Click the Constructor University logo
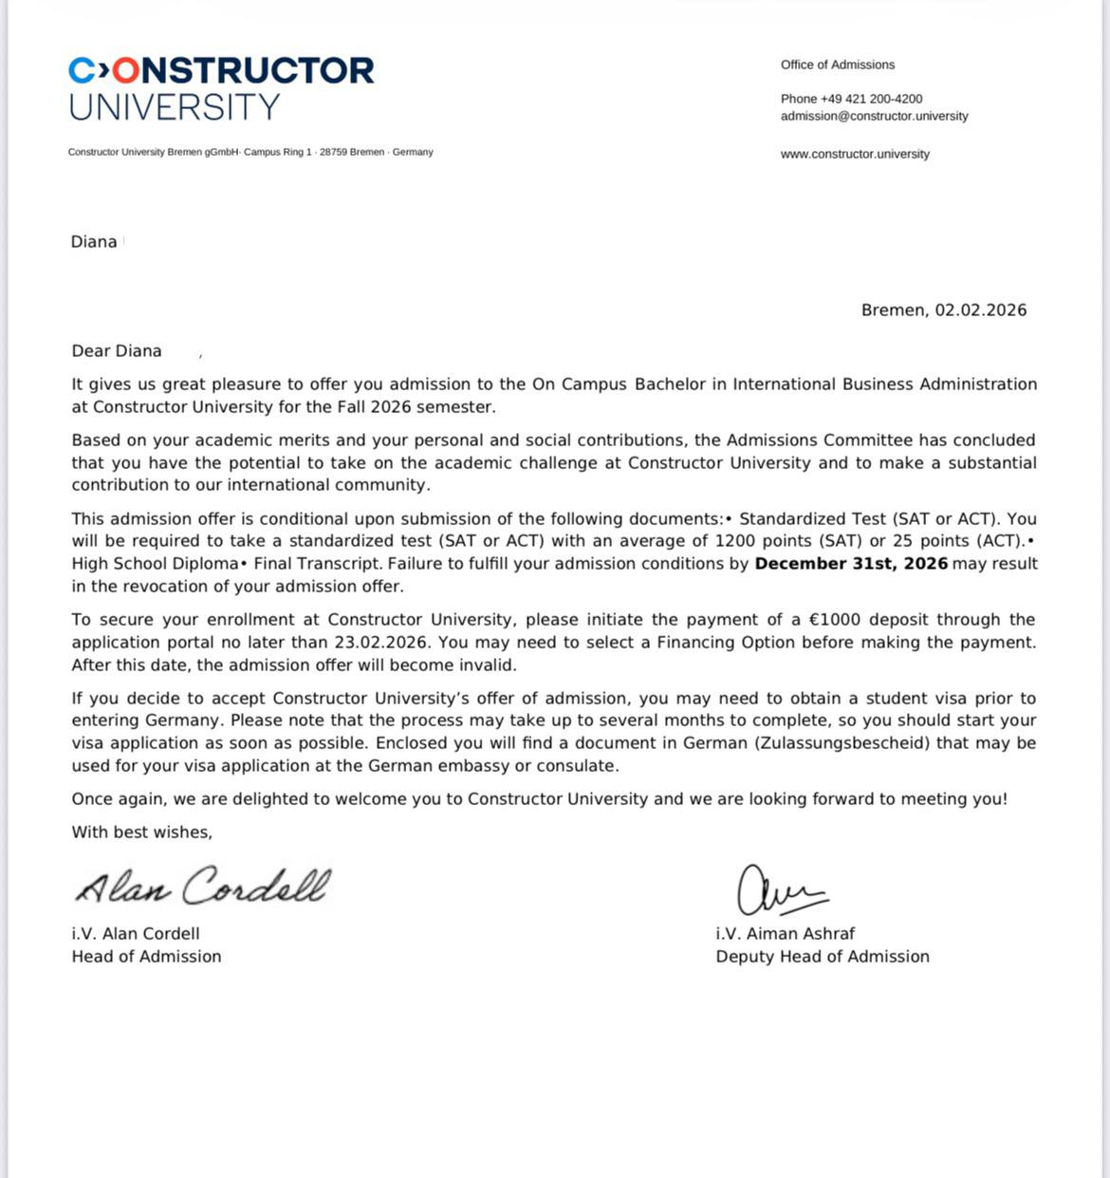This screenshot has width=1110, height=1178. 221,87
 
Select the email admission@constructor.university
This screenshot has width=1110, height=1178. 874,116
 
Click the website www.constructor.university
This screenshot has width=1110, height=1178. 855,154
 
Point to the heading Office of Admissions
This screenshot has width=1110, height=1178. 837,65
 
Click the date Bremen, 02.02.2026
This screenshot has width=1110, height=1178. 943,310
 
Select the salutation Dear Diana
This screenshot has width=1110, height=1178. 117,351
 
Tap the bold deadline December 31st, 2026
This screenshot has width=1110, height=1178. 851,564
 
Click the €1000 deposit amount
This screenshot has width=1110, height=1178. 835,620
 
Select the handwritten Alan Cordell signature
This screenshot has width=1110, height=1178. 203,887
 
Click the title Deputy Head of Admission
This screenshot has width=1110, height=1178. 823,957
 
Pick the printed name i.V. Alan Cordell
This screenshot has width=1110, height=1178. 136,934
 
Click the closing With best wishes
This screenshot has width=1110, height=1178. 141,832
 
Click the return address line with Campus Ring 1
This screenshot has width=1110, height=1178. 250,152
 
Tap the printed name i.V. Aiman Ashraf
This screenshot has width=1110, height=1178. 786,934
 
